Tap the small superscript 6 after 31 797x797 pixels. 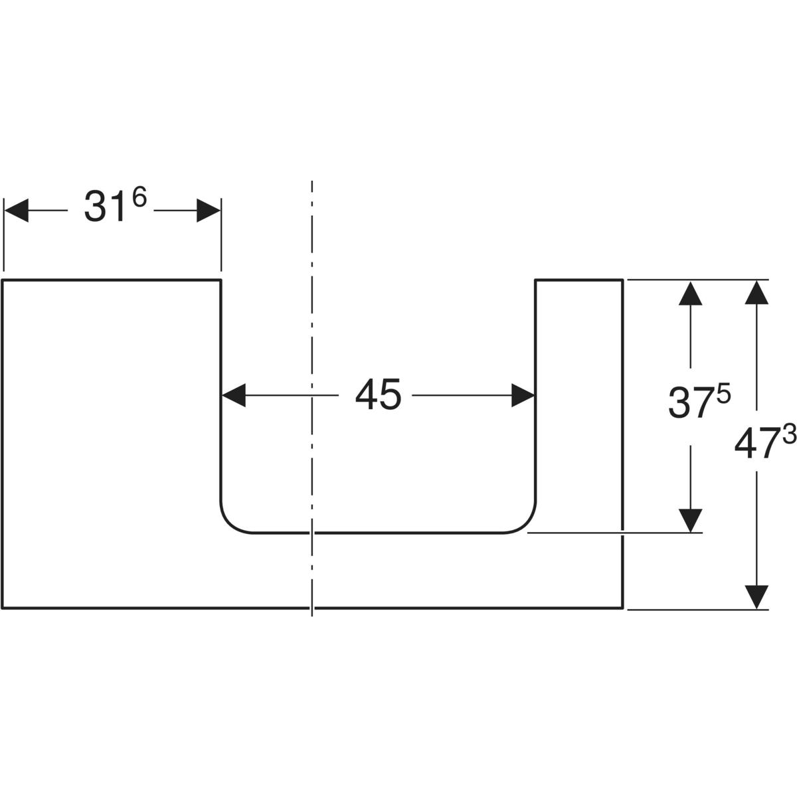pos(139,199)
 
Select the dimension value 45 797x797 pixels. pos(378,396)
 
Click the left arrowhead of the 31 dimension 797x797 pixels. pos(17,212)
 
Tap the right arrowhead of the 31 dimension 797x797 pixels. pos(209,212)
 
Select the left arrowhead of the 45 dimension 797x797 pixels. pos(233,396)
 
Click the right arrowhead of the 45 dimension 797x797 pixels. pos(523,396)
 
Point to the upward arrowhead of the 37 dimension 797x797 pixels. pos(691,293)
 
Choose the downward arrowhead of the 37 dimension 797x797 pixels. pos(691,520)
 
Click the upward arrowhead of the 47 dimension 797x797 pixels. pos(756,293)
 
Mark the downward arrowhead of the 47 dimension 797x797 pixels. pos(756,596)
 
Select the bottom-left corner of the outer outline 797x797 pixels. pos(3,608)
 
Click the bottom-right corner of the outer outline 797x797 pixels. pos(622,608)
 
